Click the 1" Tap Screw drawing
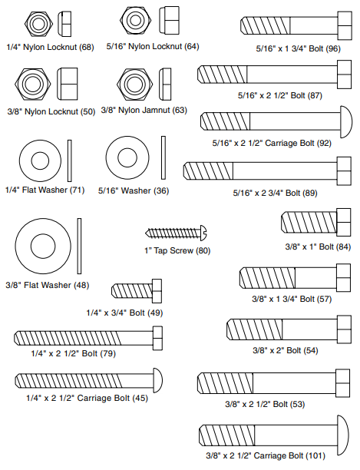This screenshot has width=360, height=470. pos(176,233)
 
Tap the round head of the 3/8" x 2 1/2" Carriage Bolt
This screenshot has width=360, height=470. pos(343,435)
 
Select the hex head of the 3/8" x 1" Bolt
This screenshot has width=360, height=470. pos(344,222)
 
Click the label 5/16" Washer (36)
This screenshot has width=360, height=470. pos(134,190)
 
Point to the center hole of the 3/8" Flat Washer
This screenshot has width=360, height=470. pos(43,247)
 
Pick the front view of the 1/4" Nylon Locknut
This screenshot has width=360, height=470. pos(38,24)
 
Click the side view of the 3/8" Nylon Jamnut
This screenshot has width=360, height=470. pos(165,84)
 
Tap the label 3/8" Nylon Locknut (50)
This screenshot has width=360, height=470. pos(51,112)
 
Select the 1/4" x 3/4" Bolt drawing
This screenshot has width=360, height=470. pos(137,291)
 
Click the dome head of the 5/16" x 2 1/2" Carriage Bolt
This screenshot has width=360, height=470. pos(346,121)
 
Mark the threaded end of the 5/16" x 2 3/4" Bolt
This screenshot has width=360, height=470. pos(208,171)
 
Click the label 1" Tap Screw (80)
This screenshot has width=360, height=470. pos(177,250)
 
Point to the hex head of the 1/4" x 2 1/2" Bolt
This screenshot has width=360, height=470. pos(158,338)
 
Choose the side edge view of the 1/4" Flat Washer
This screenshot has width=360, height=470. pos(70,161)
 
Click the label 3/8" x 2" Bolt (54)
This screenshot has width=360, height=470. pos(286,350)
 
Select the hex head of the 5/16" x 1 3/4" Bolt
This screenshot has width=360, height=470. pos(345,25)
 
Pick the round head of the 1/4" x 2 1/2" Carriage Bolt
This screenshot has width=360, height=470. pos(158,380)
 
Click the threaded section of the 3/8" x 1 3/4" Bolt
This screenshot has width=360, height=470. pos(267,278)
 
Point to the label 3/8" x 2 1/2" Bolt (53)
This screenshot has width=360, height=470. pos(265,405)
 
